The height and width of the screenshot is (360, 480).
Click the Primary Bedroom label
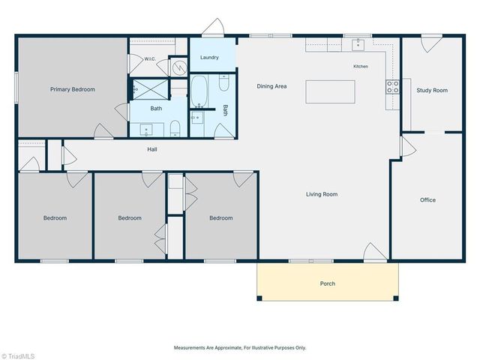pyautogui.click(x=73, y=89)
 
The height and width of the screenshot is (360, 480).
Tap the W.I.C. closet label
pyautogui.click(x=150, y=58)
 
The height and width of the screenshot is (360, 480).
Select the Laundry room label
pyautogui.click(x=209, y=57)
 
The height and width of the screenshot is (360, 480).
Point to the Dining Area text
pyautogui.click(x=271, y=86)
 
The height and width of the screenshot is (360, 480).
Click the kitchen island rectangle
pyautogui.click(x=330, y=91)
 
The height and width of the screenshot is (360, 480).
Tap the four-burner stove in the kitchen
pyautogui.click(x=392, y=87)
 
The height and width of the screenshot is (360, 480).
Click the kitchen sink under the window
pyautogui.click(x=358, y=44)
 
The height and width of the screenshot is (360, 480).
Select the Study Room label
pyautogui.click(x=432, y=90)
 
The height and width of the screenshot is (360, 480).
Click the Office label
pyautogui.click(x=427, y=200)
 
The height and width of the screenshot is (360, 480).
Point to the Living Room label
pyautogui.click(x=322, y=194)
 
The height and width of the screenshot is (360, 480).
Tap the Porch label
pyautogui.click(x=328, y=283)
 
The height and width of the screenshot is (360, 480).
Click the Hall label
pyautogui.click(x=152, y=149)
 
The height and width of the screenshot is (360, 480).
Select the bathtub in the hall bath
pyautogui.click(x=199, y=91)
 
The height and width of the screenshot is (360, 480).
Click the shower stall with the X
pyautogui.click(x=150, y=89)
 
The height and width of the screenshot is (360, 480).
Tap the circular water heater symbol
pyautogui.click(x=178, y=67)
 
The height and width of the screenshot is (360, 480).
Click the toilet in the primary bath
pyautogui.click(x=175, y=128)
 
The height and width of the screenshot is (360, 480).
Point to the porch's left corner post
pyautogui.click(x=259, y=298)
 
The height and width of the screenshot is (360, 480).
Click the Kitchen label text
pyautogui.click(x=361, y=67)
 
